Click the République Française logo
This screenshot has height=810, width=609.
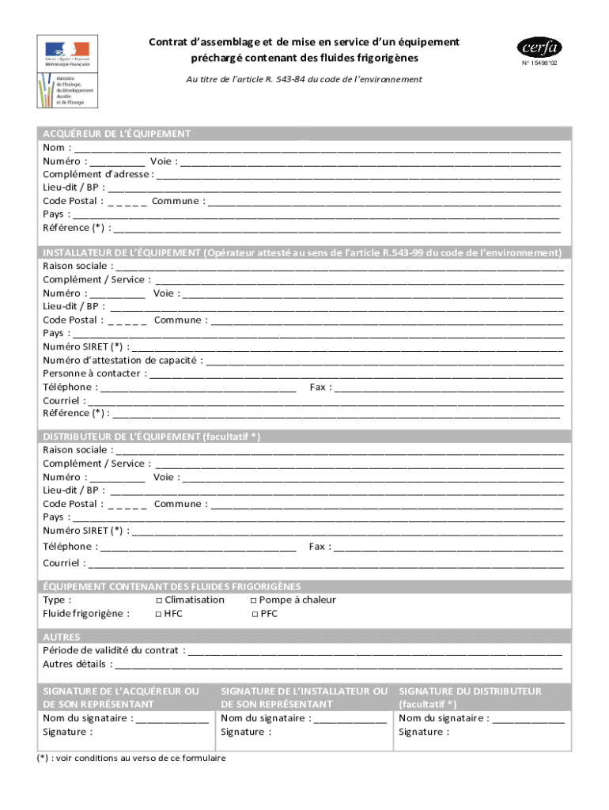coord(67,53)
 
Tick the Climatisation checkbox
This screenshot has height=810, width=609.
coord(159,600)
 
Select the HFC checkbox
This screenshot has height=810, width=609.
coord(159,614)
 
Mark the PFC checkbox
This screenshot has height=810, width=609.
coord(255,614)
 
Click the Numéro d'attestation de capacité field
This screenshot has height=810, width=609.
coord(384,360)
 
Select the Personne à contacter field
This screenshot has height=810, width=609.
coord(356,373)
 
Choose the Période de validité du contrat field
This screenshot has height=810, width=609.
coord(375,650)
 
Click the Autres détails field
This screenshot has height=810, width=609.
coord(340,664)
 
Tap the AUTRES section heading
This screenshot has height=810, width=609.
coord(62,637)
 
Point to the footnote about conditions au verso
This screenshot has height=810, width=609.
coord(134,758)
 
